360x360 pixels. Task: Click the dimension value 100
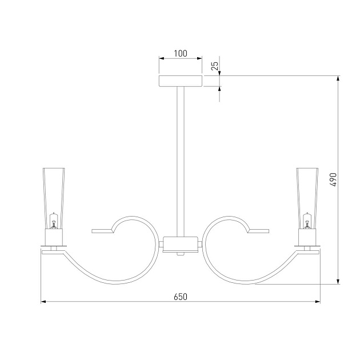pos(181,54)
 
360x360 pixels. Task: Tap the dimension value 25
pos(215,66)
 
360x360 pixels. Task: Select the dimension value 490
pos(333,179)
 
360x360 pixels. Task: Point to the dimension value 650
pos(181,297)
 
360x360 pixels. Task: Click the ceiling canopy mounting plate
pos(181,81)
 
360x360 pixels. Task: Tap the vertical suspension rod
pos(181,161)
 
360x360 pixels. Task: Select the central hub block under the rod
pos(180,245)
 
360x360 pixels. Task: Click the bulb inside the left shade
pos(54,221)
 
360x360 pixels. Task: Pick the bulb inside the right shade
pos(307,221)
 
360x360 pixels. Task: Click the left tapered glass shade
pos(54,198)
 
